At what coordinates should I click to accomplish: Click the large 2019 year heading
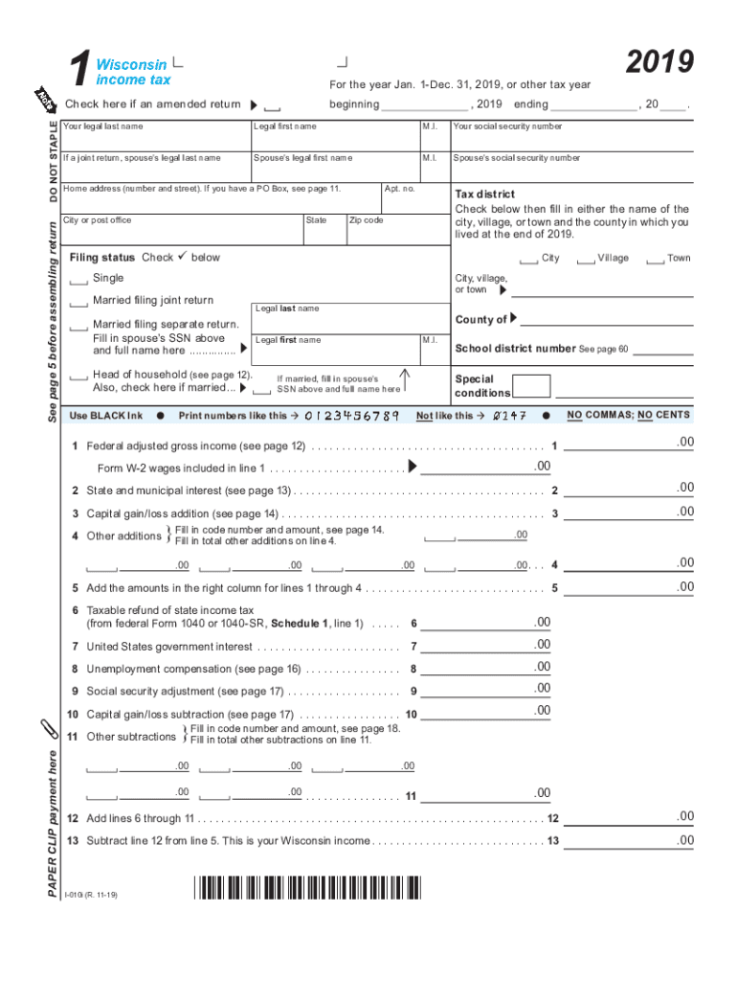(659, 62)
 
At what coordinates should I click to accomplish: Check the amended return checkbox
(273, 106)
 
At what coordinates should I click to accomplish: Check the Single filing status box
(78, 280)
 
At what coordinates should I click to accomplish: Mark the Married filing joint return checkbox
(78, 302)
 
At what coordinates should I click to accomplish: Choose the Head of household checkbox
(78, 376)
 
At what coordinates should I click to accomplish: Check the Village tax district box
(586, 260)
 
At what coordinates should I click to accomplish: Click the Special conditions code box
(531, 386)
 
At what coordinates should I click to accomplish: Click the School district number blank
(661, 351)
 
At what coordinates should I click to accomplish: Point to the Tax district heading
(485, 194)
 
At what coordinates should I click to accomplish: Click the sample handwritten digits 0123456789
(351, 416)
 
